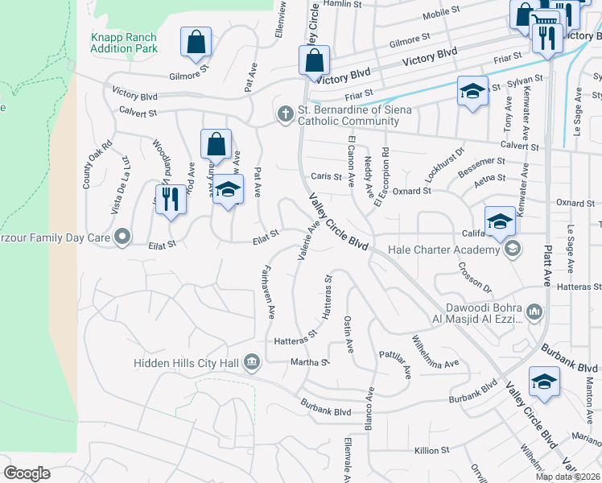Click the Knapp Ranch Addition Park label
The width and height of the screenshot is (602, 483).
(x=123, y=43)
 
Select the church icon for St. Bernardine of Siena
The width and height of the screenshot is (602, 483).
(x=284, y=114)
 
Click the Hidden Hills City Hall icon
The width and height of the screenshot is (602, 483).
(x=252, y=362)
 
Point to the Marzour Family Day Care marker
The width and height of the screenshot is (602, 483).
(x=122, y=236)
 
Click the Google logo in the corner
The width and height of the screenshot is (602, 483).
(x=27, y=473)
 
